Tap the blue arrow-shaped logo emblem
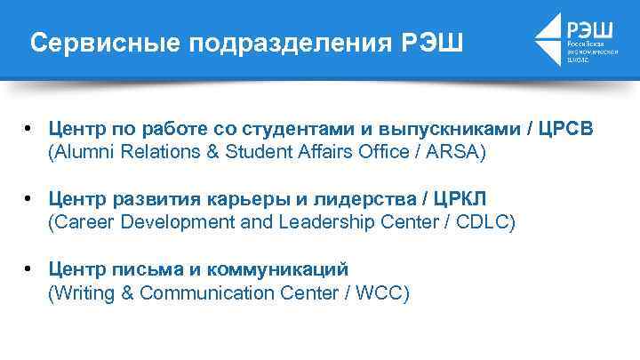pyautogui.click(x=548, y=40)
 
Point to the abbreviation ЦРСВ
pyautogui.click(x=566, y=130)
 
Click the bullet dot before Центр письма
pyautogui.click(x=29, y=268)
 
